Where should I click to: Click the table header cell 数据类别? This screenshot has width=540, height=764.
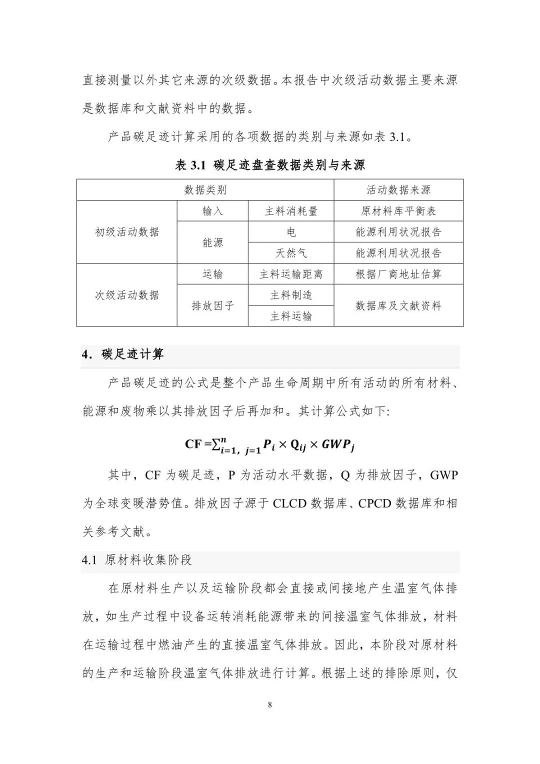click(205, 190)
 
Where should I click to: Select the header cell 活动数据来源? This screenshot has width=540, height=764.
click(398, 190)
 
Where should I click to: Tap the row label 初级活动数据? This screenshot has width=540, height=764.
click(127, 232)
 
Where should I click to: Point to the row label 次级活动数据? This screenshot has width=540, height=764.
click(127, 295)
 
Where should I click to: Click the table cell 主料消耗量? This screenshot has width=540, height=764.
click(291, 211)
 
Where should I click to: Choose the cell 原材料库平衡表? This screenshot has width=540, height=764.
click(398, 211)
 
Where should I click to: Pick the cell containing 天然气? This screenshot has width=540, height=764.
click(291, 253)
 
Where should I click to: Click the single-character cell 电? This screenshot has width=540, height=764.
click(291, 232)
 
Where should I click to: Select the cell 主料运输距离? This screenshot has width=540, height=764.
click(291, 274)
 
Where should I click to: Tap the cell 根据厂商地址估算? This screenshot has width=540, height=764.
click(398, 274)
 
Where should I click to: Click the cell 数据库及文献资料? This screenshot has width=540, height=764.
click(398, 305)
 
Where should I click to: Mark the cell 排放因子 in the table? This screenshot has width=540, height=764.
click(212, 305)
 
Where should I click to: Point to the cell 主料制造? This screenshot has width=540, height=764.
click(291, 295)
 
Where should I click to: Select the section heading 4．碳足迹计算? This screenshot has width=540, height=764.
click(123, 354)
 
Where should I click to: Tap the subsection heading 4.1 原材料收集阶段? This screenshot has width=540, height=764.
click(137, 560)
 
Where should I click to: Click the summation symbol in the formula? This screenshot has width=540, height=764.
click(216, 443)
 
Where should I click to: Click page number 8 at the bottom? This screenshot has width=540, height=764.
click(270, 705)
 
